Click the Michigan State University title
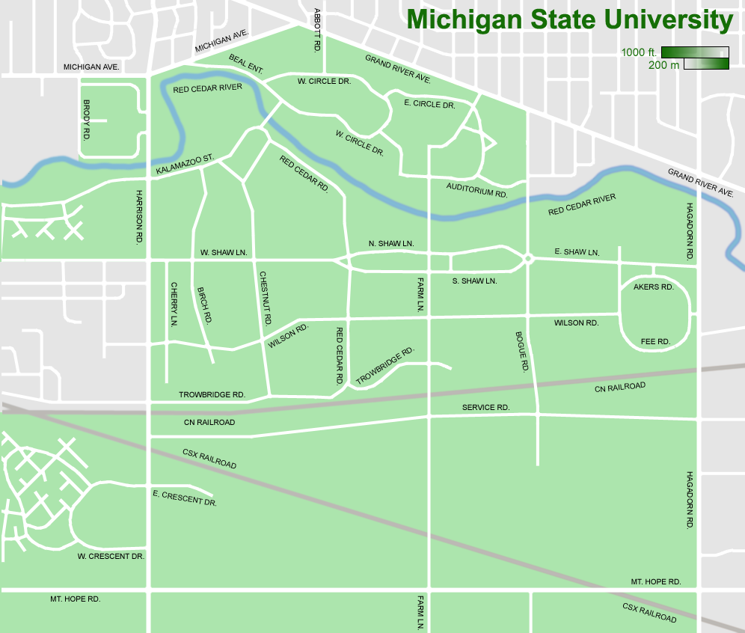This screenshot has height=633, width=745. point(569,20)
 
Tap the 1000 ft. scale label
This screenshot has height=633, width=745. point(640,52)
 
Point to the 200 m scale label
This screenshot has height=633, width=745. point(663,65)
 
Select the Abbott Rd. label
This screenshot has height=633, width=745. point(318,29)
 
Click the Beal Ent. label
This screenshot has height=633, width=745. point(246,64)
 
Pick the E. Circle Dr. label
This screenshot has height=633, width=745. point(429,104)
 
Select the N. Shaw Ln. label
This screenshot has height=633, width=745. point(391,245)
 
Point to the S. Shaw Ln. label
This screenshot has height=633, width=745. point(474,281)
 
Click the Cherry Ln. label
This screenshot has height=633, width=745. point(174,305)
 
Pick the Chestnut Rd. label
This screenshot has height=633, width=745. point(264,298)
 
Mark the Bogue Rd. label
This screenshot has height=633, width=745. point(522,352)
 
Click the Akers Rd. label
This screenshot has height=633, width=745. point(654,287)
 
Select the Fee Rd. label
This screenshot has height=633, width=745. point(655,341)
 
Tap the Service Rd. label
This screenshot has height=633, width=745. point(485,407)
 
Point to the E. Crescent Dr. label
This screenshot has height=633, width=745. point(184,498)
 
